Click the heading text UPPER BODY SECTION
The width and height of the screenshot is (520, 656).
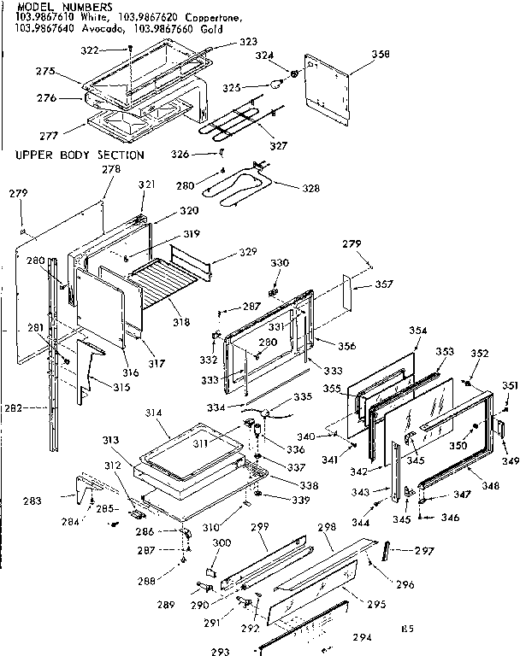pyautogui.click(x=80, y=155)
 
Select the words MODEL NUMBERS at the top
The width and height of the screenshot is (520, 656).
pyautogui.click(x=52, y=6)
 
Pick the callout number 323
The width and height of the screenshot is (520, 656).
pyautogui.click(x=247, y=41)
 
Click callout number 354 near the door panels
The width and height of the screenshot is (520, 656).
pyautogui.click(x=418, y=330)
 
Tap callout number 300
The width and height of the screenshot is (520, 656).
pyautogui.click(x=222, y=543)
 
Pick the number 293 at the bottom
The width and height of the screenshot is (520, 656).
pyautogui.click(x=221, y=651)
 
